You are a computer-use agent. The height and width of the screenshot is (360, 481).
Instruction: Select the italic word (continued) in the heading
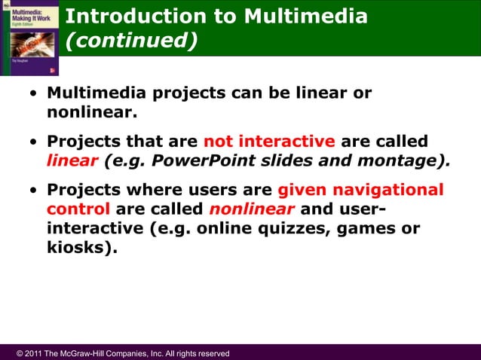[x=132, y=41]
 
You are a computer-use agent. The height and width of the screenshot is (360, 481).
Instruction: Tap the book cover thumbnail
[x=29, y=38]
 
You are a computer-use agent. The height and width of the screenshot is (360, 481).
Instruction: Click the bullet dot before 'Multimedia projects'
[x=33, y=96]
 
